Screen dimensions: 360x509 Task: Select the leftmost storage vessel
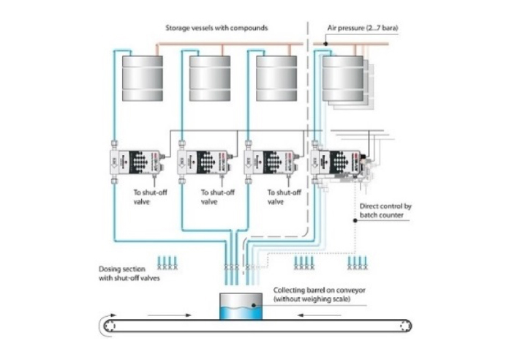pyautogui.click(x=141, y=78)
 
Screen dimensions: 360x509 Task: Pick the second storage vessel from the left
pyautogui.click(x=210, y=78)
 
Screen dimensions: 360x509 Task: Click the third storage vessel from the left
pyautogui.click(x=276, y=78)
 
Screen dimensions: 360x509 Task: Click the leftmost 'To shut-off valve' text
pyautogui.click(x=151, y=197)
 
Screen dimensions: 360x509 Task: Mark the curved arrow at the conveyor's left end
pyautogui.click(x=108, y=322)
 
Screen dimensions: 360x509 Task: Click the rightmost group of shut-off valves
pyautogui.click(x=356, y=262)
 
